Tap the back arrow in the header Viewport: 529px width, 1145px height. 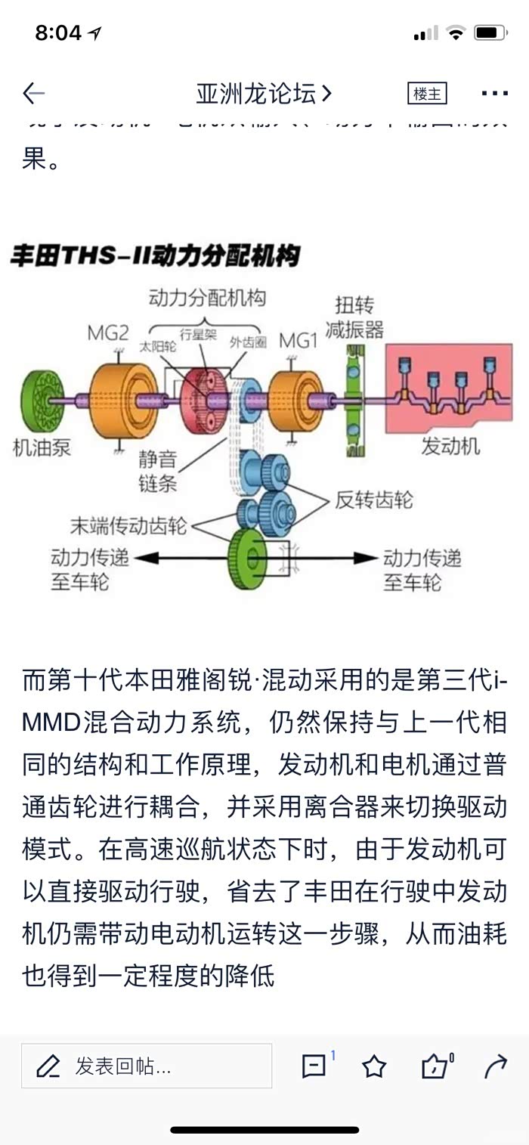pyautogui.click(x=34, y=94)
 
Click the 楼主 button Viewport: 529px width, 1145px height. pyautogui.click(x=427, y=94)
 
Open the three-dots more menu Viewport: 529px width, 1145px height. pyautogui.click(x=494, y=94)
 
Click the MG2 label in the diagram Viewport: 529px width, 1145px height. pyautogui.click(x=108, y=333)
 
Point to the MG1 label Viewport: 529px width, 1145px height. pyautogui.click(x=299, y=340)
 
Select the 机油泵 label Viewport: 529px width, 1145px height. pyautogui.click(x=42, y=447)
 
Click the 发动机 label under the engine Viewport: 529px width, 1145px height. pyautogui.click(x=450, y=447)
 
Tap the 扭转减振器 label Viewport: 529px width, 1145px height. pyautogui.click(x=354, y=317)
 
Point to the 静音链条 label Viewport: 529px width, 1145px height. pyautogui.click(x=158, y=470)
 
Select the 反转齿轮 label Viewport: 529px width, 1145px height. pyautogui.click(x=374, y=500)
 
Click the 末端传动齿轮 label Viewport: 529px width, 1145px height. pyautogui.click(x=128, y=525)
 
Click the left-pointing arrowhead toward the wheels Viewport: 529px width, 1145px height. pyautogui.click(x=147, y=558)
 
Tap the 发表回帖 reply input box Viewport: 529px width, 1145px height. pyautogui.click(x=147, y=1066)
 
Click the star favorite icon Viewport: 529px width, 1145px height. pyautogui.click(x=373, y=1066)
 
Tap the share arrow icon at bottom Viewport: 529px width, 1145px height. pyautogui.click(x=495, y=1066)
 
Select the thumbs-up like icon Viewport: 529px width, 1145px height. pyautogui.click(x=435, y=1066)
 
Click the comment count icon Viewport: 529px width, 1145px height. pyautogui.click(x=314, y=1066)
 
